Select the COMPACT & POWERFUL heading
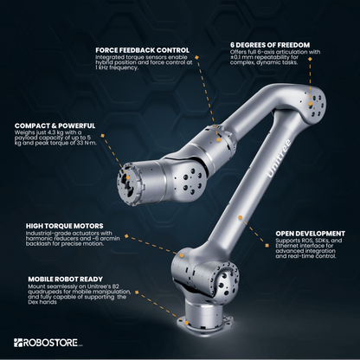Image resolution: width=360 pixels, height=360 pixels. pos(54,126)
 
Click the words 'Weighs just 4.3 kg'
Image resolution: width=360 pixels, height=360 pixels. pos(40,135)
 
